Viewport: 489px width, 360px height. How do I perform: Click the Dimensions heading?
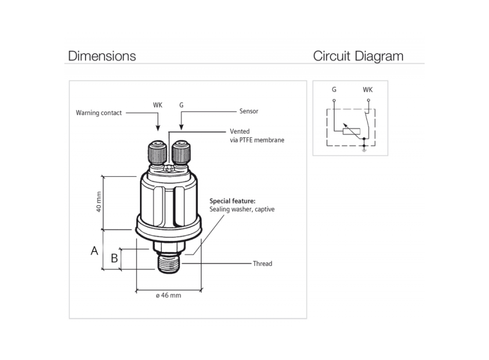click(x=102, y=56)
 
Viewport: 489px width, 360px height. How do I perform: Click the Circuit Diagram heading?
click(x=358, y=56)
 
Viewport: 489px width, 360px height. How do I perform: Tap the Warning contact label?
click(x=99, y=113)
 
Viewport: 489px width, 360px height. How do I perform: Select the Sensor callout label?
click(x=249, y=111)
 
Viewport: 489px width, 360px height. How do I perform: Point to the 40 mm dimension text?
click(x=99, y=203)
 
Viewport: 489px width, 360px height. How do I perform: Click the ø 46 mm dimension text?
click(x=168, y=295)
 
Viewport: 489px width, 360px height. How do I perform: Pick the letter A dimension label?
click(x=94, y=251)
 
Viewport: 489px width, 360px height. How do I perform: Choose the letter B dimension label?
click(x=114, y=258)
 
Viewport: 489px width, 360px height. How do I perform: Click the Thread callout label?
click(x=262, y=264)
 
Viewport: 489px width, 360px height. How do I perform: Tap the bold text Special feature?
click(x=232, y=201)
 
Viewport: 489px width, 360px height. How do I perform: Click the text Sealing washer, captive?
click(x=242, y=209)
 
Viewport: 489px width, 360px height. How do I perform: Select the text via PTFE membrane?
click(x=257, y=140)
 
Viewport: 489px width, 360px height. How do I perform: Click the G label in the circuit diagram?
click(x=334, y=89)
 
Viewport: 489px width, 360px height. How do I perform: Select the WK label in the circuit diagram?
click(x=368, y=89)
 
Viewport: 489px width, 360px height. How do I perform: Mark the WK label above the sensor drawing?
click(x=158, y=104)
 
